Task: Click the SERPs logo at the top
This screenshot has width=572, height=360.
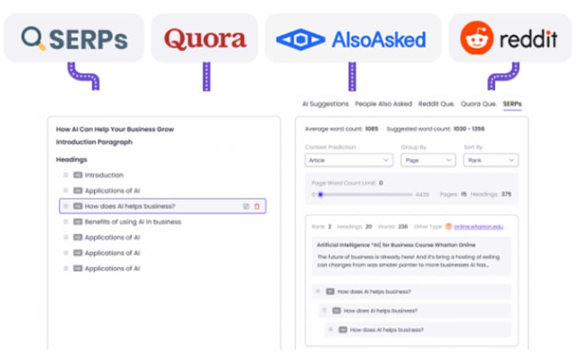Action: [x=74, y=38]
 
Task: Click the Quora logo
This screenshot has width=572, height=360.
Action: [x=205, y=38]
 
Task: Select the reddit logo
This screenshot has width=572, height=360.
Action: [x=509, y=38]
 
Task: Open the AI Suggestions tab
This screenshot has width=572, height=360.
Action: [x=325, y=104]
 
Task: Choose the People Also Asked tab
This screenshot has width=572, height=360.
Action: [x=384, y=104]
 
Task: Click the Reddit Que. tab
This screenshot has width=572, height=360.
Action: [x=435, y=104]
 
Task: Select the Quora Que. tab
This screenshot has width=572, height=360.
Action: [x=478, y=104]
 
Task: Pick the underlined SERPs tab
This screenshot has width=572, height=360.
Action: [x=512, y=104]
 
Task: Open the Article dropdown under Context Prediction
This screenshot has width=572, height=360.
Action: [x=349, y=160]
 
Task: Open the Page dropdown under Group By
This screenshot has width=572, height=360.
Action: [x=427, y=160]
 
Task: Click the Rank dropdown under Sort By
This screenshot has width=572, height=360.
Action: [x=490, y=160]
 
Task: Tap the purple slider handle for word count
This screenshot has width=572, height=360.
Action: [x=320, y=194]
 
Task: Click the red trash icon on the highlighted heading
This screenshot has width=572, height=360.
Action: [x=257, y=207]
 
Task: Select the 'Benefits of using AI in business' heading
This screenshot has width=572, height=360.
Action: [x=133, y=222]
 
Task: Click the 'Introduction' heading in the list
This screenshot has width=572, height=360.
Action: [x=104, y=175]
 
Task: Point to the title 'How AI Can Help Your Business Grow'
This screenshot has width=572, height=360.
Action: [x=114, y=129]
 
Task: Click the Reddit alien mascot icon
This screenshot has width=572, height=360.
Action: [x=477, y=38]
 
